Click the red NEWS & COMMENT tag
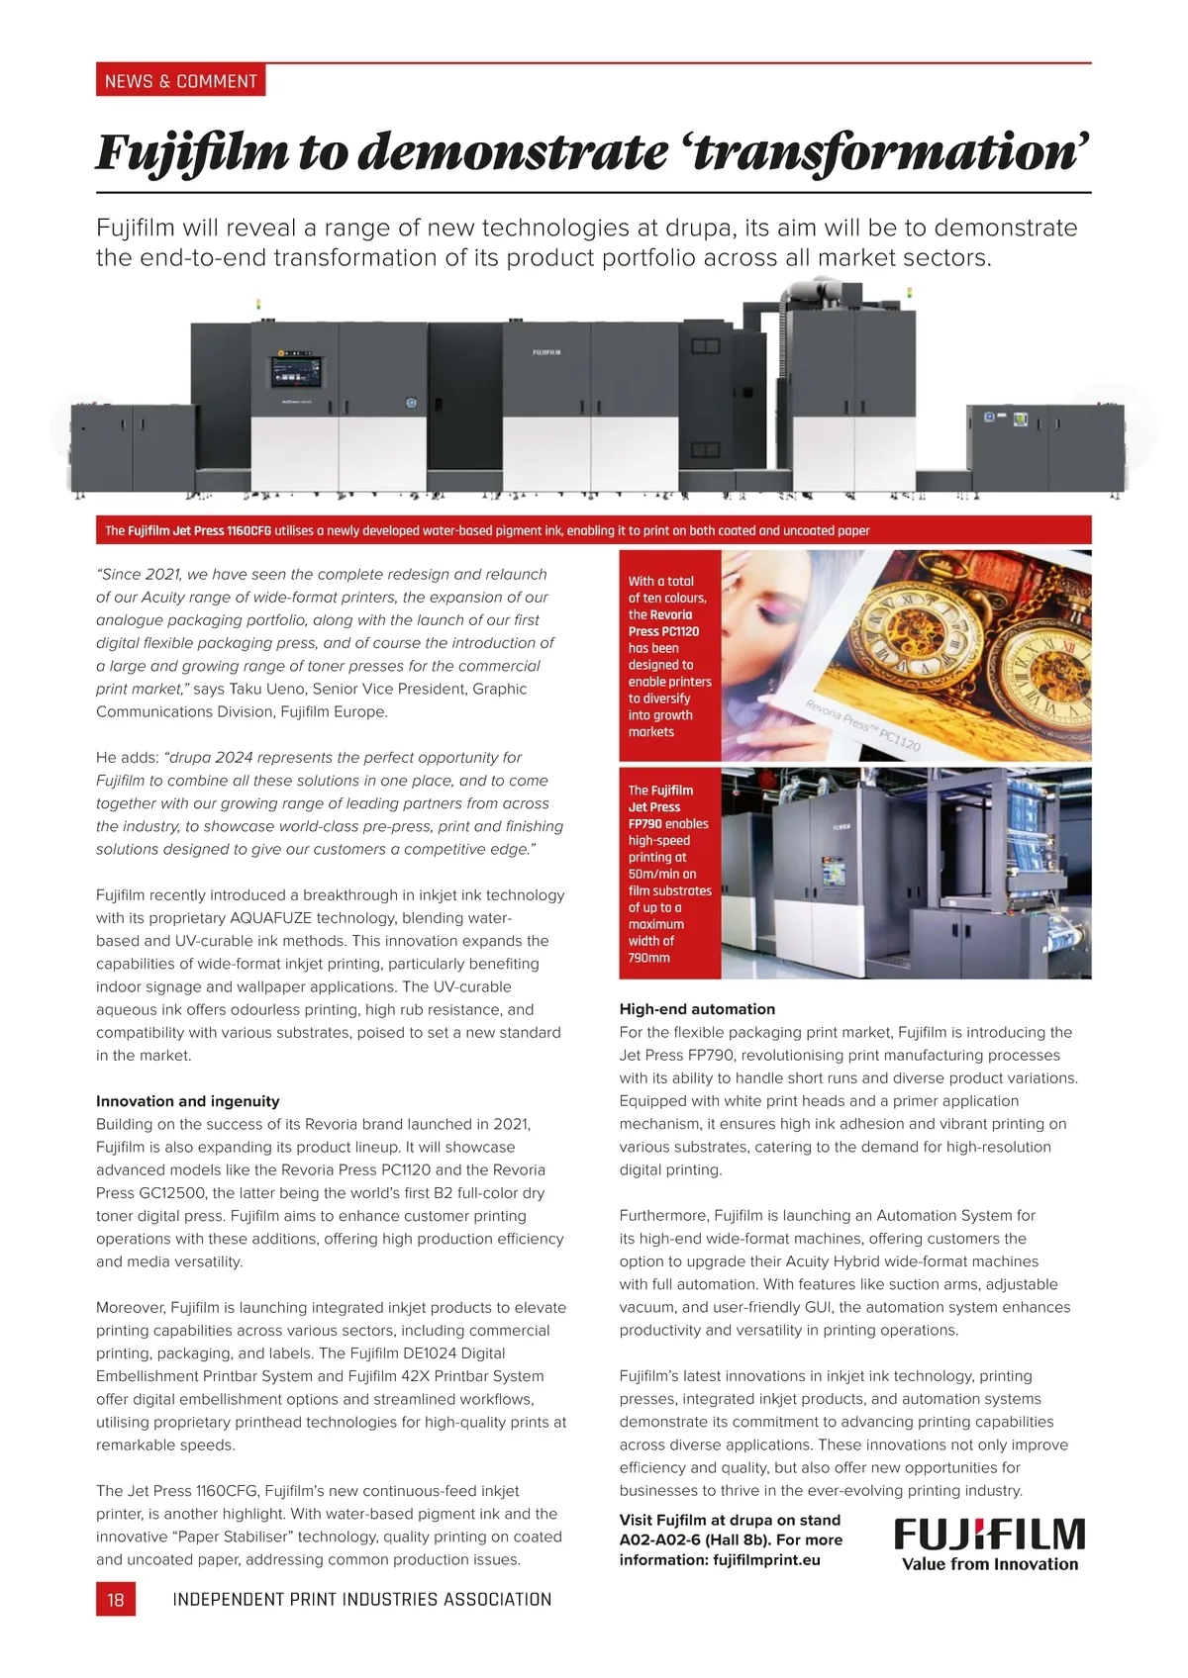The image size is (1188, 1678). pyautogui.click(x=180, y=81)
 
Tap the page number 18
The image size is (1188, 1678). pyautogui.click(x=116, y=1599)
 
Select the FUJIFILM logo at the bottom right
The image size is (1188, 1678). pyautogui.click(x=989, y=1535)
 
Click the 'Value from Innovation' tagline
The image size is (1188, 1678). pyautogui.click(x=989, y=1564)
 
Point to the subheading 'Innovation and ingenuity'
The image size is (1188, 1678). pyautogui.click(x=187, y=1101)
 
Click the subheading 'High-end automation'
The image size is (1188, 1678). pyautogui.click(x=697, y=1009)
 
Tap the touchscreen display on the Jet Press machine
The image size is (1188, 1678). pyautogui.click(x=297, y=373)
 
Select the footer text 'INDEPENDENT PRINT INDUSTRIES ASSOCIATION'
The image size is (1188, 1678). pyautogui.click(x=361, y=1599)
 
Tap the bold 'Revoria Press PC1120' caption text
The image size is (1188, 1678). pyautogui.click(x=664, y=623)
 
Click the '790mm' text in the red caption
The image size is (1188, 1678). pyautogui.click(x=648, y=958)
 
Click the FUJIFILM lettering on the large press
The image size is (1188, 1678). pyautogui.click(x=546, y=352)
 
